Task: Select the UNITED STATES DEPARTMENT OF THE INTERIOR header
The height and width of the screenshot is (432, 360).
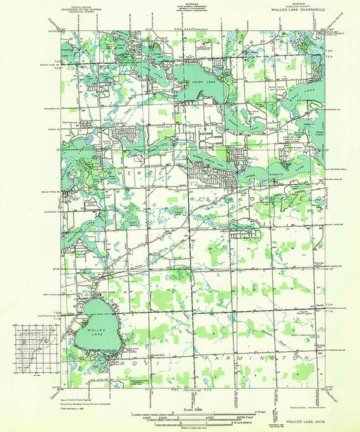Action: tap(87, 9)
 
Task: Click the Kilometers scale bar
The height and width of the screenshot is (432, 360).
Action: tap(189, 417)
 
